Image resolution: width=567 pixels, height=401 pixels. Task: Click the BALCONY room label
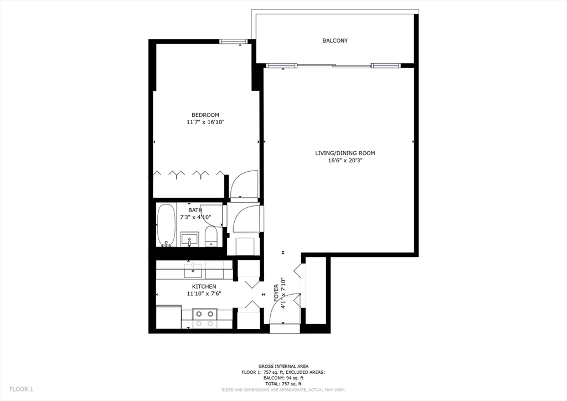[x=335, y=41]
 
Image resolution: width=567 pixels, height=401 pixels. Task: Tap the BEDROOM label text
[x=205, y=115]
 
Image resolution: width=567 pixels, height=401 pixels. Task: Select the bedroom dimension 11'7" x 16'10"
[x=205, y=122]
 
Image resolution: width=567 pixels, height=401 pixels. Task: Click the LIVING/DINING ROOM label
[x=345, y=153]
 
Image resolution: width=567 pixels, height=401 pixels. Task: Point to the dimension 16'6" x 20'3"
[x=345, y=161]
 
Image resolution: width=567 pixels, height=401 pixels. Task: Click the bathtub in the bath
[x=166, y=225]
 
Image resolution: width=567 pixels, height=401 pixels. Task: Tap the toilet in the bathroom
[x=210, y=237]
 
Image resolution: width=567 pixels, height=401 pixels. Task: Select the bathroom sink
[x=189, y=239]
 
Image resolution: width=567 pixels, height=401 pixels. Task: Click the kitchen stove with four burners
[x=205, y=318]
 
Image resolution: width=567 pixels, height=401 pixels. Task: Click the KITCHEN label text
[x=204, y=287]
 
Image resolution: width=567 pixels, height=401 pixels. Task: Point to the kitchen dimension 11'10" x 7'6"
[x=204, y=294]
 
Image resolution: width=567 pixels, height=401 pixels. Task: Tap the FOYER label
[x=276, y=293]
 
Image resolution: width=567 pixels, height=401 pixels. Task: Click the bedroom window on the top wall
[x=234, y=42]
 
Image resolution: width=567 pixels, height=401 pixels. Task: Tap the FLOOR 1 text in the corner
[x=22, y=389]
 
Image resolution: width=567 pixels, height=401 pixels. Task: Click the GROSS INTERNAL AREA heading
[x=283, y=366]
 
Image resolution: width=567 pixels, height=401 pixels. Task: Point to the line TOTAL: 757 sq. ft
[x=283, y=384]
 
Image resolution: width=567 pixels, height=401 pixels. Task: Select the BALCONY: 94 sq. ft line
[x=283, y=378]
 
